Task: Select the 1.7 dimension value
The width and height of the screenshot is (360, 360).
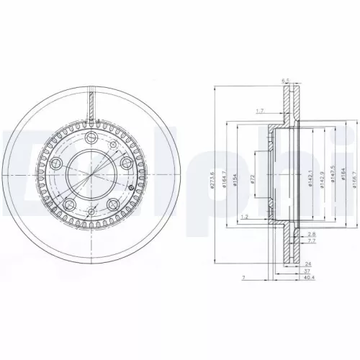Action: [x=260, y=111]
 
